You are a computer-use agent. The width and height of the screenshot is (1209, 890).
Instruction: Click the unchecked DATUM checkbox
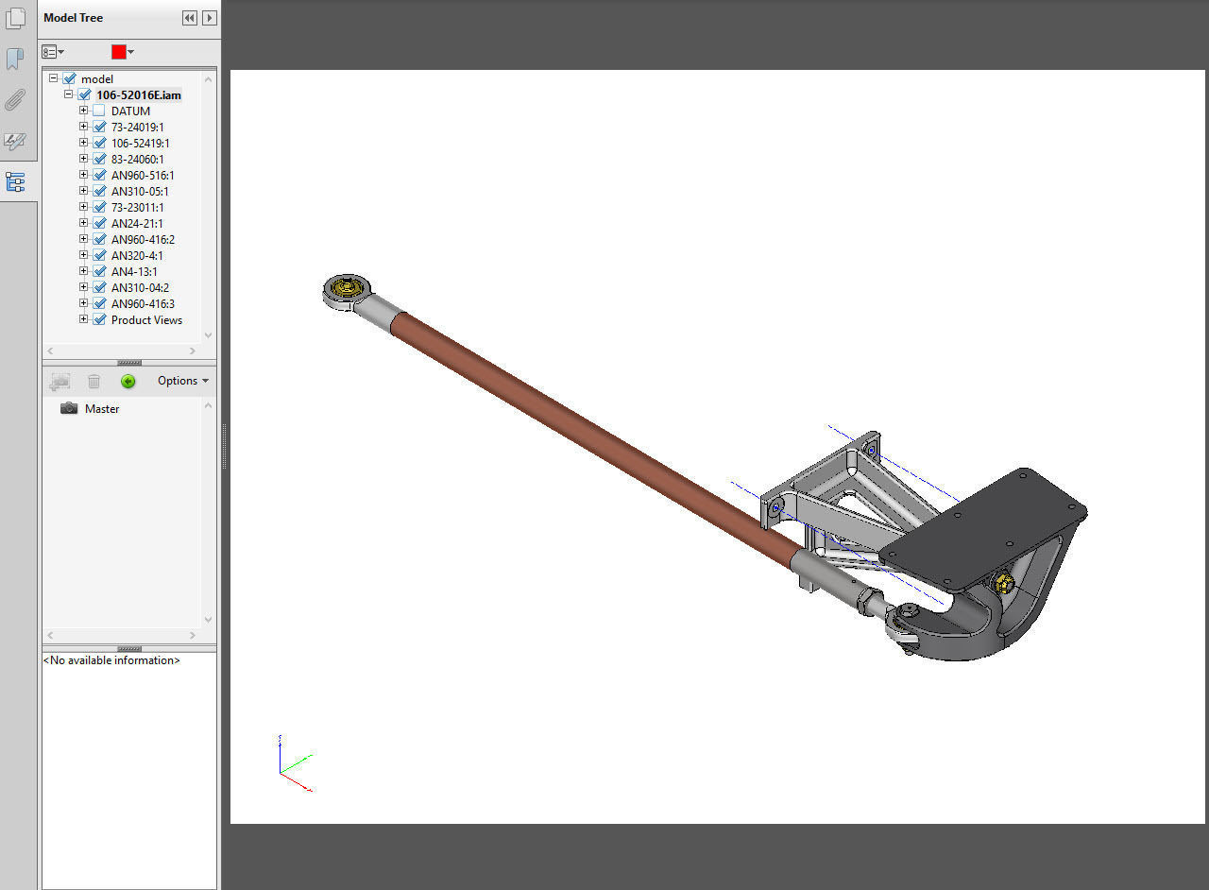point(99,111)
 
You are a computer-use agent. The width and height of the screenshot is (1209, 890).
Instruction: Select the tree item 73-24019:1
point(137,128)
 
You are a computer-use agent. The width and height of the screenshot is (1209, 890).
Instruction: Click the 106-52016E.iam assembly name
point(138,95)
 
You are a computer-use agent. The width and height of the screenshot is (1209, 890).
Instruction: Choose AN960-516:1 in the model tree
point(143,176)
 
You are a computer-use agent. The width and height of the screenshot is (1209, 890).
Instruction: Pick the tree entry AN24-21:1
point(137,224)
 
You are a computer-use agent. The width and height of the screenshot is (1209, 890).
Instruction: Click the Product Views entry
point(146,320)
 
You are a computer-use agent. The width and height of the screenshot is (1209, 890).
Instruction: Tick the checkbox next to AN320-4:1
point(99,256)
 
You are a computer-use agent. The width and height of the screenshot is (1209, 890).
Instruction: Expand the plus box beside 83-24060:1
point(84,160)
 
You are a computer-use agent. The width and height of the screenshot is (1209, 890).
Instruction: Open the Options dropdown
point(183,381)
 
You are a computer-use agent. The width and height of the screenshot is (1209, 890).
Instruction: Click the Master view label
point(102,409)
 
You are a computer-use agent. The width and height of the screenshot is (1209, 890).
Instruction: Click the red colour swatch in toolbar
point(119,52)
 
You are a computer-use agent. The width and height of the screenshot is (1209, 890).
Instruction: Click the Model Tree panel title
point(74,18)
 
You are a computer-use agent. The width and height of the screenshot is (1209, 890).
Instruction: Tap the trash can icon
point(94,382)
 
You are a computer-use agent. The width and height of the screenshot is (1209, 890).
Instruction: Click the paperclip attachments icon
point(15,100)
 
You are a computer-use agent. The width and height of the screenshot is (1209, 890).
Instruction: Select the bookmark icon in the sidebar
point(15,60)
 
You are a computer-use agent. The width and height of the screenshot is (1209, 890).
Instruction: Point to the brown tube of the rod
point(586,435)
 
